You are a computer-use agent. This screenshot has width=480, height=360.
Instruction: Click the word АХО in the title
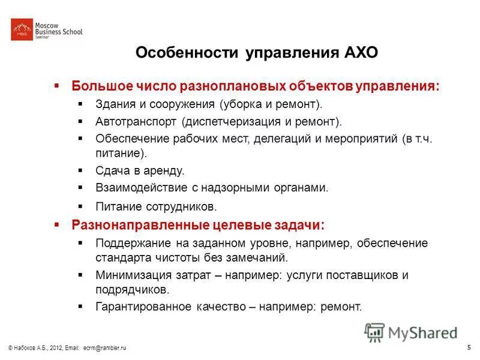click(360, 53)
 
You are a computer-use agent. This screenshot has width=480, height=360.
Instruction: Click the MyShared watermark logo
click(411, 332)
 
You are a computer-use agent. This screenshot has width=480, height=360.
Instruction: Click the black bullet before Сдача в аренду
click(81, 170)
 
